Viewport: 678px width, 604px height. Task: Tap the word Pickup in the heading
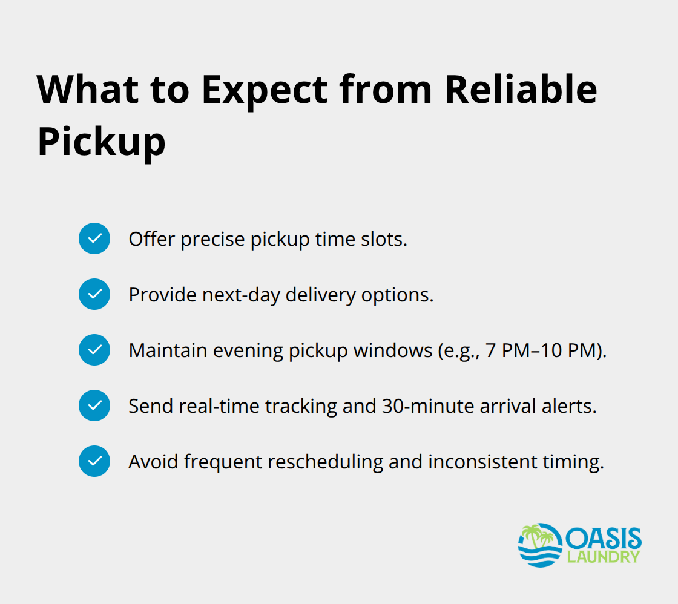101,142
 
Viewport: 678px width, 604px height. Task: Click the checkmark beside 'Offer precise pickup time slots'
94,238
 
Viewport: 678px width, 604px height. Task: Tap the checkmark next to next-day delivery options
94,294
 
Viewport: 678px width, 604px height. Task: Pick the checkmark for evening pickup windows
94,350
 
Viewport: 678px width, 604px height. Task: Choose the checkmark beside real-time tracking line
94,405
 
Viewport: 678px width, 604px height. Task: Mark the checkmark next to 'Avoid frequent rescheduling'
94,461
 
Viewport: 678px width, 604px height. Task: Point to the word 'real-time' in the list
220,405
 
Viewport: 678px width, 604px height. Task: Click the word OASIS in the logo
603,537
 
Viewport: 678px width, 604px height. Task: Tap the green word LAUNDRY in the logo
603,556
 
